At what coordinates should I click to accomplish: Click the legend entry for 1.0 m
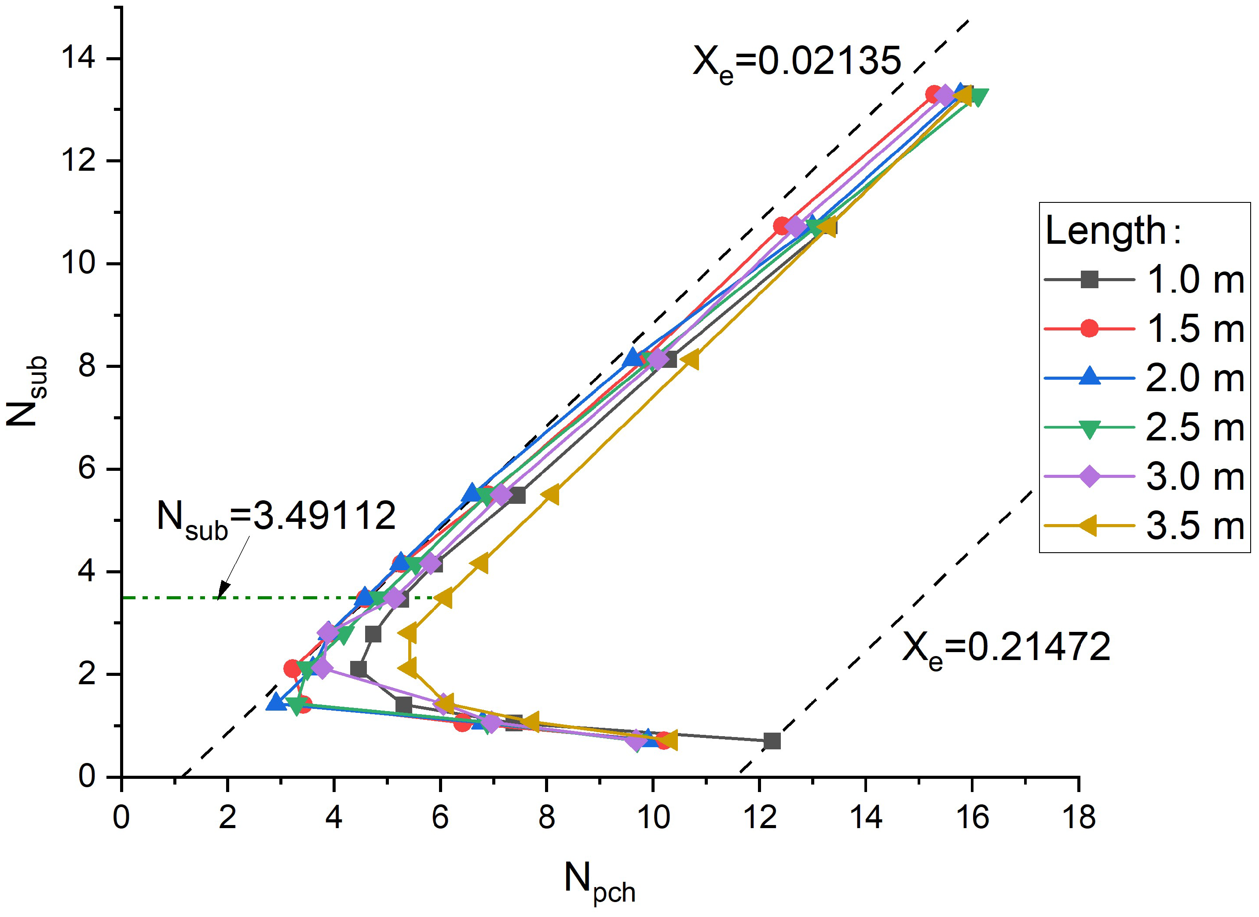pos(1144,279)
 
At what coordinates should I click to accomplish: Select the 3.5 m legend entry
pos(1144,525)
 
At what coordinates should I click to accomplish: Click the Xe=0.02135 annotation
pos(797,62)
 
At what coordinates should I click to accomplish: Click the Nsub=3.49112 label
pos(276,517)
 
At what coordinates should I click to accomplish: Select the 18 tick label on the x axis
pos(1078,818)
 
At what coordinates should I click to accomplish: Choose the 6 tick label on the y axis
pos(87,469)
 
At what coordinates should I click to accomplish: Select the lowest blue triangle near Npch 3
pos(276,703)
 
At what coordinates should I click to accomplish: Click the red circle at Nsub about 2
pos(293,668)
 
